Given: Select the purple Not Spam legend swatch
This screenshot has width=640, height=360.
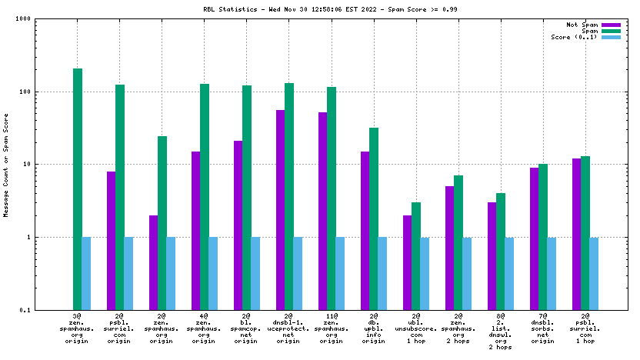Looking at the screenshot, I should coord(612,25).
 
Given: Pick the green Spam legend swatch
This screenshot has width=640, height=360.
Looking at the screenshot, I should coord(612,31).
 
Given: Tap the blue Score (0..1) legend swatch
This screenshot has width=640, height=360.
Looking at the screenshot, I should coord(612,37).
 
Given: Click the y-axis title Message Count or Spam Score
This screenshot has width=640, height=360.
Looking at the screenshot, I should coord(7,165).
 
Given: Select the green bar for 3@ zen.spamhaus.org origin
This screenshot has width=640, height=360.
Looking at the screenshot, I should coord(78,189).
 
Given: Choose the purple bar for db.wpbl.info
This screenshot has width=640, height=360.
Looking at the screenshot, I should coord(365,231).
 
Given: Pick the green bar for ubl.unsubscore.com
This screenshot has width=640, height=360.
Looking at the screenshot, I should coord(416,256).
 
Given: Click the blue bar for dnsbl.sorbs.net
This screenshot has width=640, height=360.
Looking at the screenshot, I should coord(552,274).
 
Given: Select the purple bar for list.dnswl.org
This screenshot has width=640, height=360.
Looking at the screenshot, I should coord(492,256).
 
